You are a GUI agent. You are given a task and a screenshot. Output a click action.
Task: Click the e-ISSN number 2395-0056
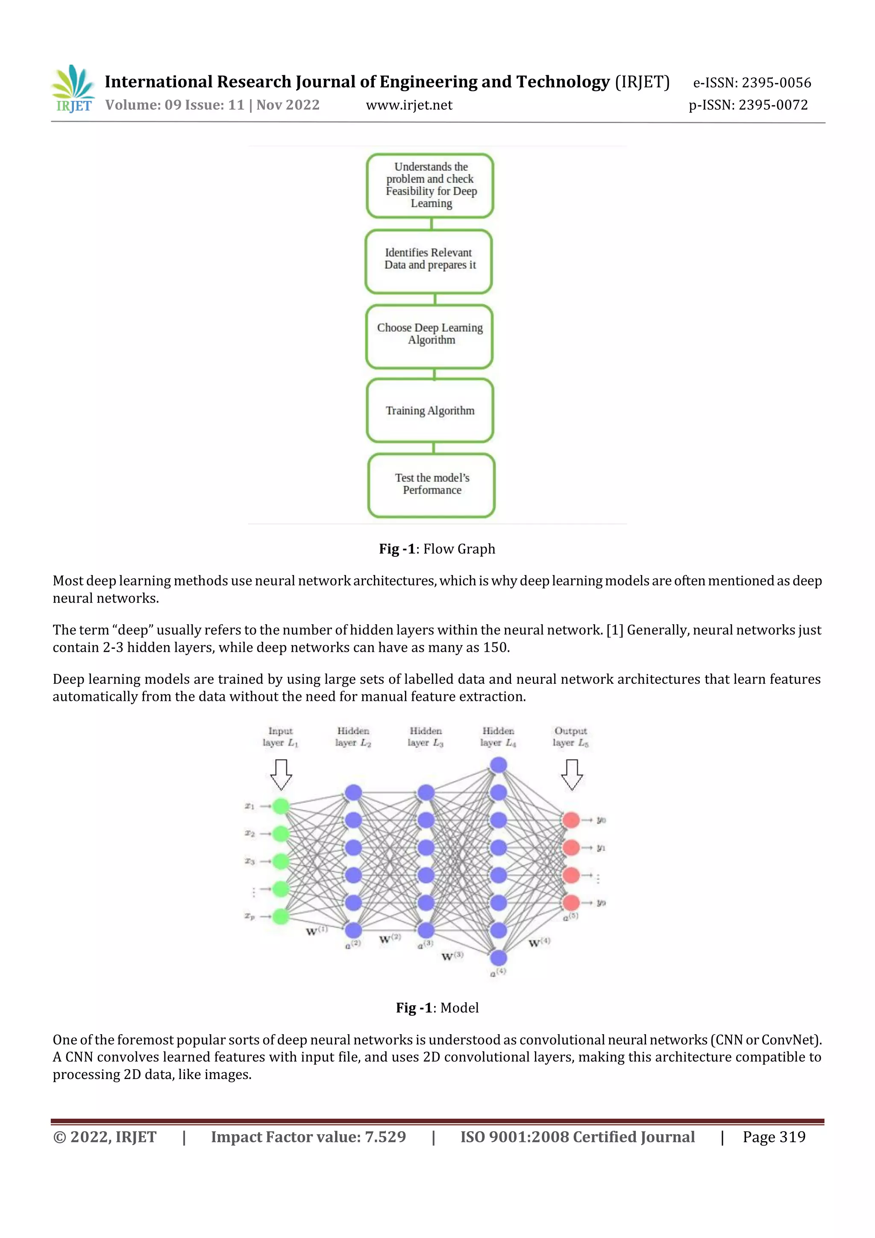776,82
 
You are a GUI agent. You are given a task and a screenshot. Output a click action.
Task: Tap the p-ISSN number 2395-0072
773,105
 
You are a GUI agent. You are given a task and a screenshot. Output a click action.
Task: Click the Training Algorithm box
430,410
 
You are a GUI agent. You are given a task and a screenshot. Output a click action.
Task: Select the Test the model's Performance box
431,485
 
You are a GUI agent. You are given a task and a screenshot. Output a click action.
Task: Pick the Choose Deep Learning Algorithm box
430,336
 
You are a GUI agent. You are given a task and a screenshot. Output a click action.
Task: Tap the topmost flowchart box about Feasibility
430,185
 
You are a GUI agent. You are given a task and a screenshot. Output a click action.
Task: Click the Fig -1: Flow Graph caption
437,549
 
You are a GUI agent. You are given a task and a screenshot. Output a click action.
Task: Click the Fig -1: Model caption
437,1008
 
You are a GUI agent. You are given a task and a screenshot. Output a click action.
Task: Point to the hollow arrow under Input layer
281,774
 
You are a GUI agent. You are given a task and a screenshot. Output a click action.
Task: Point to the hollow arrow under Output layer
572,774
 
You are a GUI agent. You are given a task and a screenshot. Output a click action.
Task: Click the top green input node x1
281,806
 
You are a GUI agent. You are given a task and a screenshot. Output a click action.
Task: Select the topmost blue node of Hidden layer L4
498,765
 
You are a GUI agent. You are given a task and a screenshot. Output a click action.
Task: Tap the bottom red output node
571,902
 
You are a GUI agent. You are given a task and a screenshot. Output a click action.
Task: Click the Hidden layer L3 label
426,737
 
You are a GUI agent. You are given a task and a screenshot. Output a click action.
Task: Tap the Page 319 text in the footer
774,1137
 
